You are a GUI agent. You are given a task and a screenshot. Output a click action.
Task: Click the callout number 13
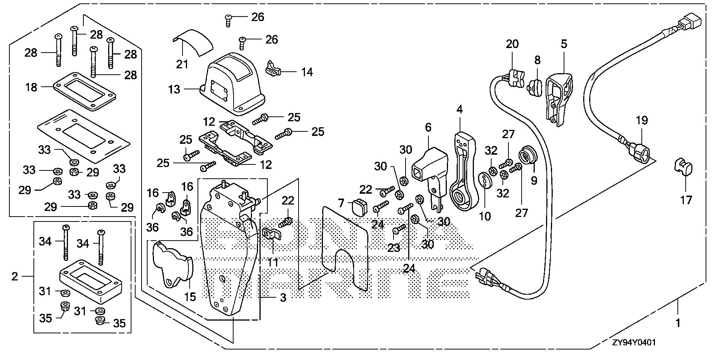coord(175,90)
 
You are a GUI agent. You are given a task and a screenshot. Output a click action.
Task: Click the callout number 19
coord(642,121)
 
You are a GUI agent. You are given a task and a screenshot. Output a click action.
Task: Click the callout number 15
coord(190,297)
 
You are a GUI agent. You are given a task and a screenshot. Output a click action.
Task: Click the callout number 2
coord(15,277)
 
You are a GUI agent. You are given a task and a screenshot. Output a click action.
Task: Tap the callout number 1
coord(678,323)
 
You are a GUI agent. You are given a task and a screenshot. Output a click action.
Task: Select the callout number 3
coord(283,298)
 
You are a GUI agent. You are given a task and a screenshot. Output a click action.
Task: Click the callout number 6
coord(428,128)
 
